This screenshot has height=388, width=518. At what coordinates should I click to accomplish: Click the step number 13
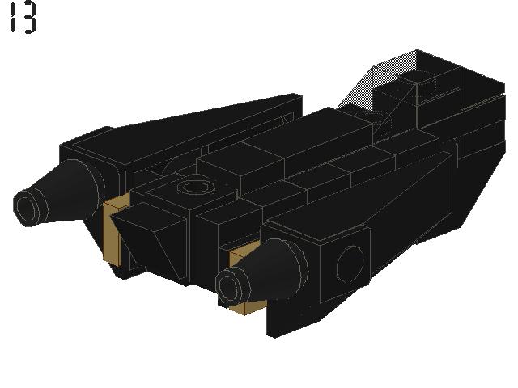tap(23, 18)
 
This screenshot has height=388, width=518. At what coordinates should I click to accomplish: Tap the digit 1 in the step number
tap(13, 18)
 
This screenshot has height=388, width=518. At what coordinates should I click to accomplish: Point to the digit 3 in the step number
tap(29, 18)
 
